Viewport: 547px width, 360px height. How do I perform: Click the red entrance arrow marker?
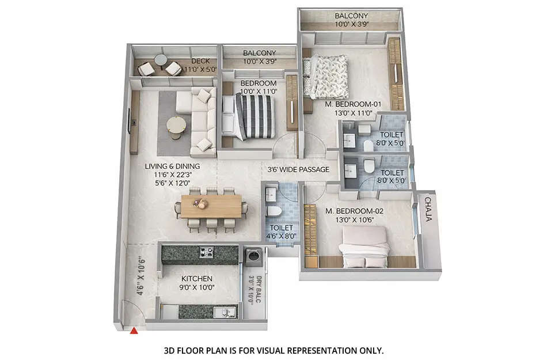[134, 331]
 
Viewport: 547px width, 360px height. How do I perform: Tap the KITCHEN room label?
[197, 278]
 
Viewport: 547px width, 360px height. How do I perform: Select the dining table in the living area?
[211, 206]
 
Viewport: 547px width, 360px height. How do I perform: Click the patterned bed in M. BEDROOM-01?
[326, 77]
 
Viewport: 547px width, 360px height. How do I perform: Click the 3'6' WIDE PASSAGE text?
[298, 169]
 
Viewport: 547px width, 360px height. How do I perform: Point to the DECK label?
[200, 61]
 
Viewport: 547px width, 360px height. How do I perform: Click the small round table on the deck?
[160, 59]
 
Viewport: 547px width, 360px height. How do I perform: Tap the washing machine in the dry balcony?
[253, 256]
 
